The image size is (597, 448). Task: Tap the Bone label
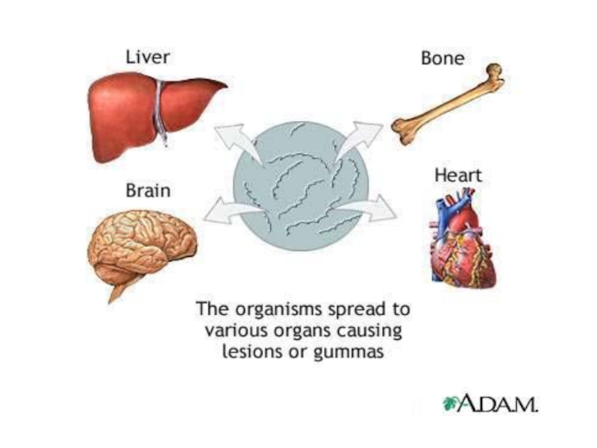[443, 58]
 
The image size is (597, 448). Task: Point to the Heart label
[458, 176]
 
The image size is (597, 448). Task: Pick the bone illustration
[448, 105]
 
